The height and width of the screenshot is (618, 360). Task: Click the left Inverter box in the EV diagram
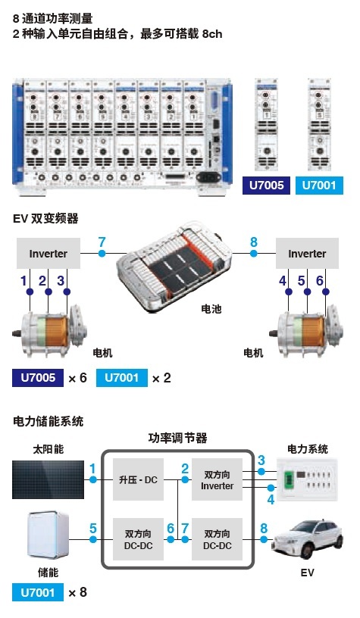(x=48, y=253)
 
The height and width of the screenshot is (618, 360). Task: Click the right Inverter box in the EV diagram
(x=307, y=253)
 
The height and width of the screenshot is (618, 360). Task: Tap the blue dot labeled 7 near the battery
(x=102, y=253)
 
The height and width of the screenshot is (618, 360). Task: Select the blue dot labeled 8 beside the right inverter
(x=254, y=253)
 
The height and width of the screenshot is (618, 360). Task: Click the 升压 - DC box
(x=138, y=479)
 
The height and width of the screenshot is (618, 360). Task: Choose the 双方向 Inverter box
(x=217, y=479)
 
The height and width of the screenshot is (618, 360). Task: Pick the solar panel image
(x=48, y=479)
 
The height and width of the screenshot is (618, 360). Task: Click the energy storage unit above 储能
(x=48, y=535)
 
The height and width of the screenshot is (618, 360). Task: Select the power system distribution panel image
(x=307, y=479)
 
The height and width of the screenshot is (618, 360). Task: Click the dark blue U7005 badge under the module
(x=266, y=186)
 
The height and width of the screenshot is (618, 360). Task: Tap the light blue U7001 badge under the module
(x=319, y=186)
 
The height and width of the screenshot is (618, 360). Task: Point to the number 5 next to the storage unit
(x=93, y=528)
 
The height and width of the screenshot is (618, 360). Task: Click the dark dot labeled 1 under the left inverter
(x=30, y=292)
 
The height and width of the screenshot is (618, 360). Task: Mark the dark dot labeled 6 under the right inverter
(x=326, y=292)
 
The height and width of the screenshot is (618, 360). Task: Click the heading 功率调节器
(x=177, y=438)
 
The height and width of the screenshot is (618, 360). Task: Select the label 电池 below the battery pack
(x=211, y=309)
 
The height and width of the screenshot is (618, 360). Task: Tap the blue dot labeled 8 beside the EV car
(x=264, y=539)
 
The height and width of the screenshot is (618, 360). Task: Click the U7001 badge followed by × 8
(x=37, y=592)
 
